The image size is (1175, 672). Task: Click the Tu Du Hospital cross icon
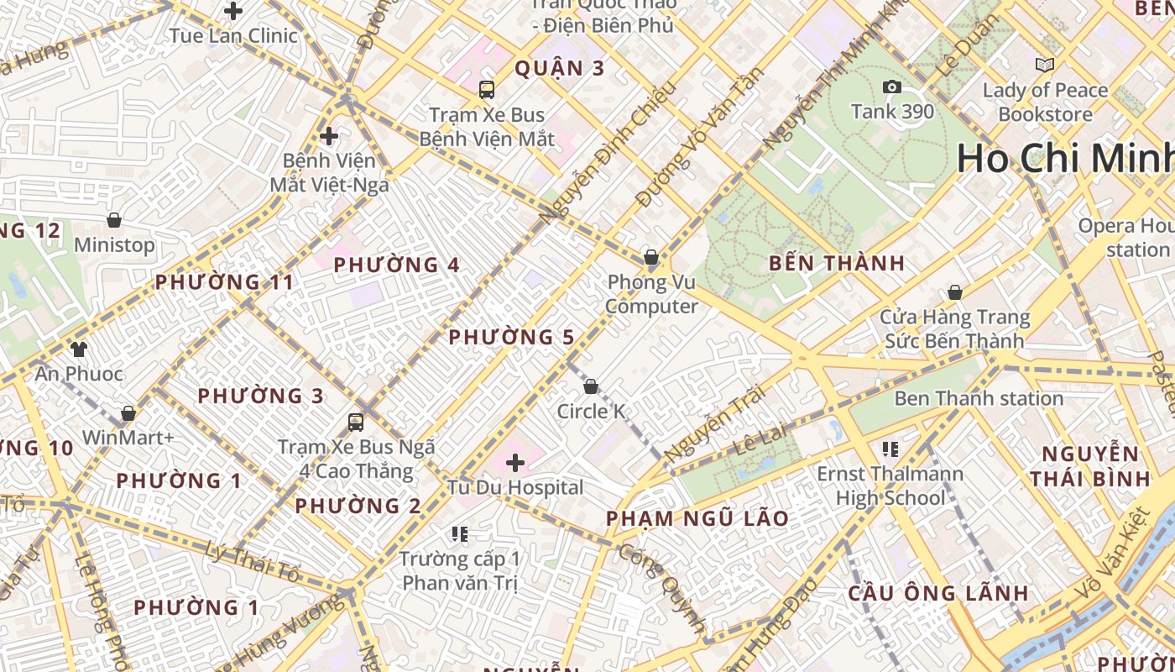[515, 462]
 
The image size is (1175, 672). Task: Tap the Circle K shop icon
[591, 386]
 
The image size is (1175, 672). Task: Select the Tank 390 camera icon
[891, 87]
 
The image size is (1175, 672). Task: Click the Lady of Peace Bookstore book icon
[1044, 65]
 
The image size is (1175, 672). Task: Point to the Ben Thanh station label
[979, 398]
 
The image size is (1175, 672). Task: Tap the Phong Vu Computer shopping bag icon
[650, 257]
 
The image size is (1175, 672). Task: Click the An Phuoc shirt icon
[79, 349]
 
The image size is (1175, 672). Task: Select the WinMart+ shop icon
[128, 413]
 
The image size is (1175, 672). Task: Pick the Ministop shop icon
[113, 220]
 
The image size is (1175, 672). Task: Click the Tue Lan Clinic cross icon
[233, 11]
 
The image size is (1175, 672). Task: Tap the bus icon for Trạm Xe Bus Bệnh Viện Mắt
[486, 90]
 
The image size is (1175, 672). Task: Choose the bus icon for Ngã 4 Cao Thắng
[356, 422]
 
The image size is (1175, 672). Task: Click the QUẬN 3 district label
[559, 68]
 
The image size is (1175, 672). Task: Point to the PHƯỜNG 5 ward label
[511, 338]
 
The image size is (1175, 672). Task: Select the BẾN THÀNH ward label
[837, 263]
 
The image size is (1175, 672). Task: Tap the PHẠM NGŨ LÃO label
[697, 518]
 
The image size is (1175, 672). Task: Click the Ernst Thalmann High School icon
[890, 449]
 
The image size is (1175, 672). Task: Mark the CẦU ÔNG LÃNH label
[937, 592]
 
